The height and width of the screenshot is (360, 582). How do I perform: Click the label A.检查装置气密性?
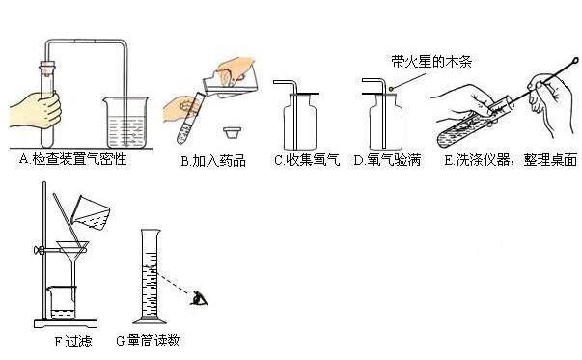pyautogui.click(x=72, y=159)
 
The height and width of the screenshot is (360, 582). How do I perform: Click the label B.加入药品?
pyautogui.click(x=213, y=161)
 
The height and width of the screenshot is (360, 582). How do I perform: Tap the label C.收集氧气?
pyautogui.click(x=307, y=160)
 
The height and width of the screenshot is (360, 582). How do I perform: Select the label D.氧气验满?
pyautogui.click(x=387, y=160)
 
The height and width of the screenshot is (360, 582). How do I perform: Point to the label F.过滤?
pyautogui.click(x=73, y=341)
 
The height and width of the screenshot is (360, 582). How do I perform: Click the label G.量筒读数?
pyautogui.click(x=148, y=341)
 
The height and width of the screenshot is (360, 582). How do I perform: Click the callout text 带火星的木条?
pyautogui.click(x=431, y=61)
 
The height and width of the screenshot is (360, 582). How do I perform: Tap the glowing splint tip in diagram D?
pyautogui.click(x=392, y=89)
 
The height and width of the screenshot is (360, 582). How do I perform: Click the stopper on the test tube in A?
pyautogui.click(x=47, y=68)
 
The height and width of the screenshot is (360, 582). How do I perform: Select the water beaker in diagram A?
pyautogui.click(x=125, y=123)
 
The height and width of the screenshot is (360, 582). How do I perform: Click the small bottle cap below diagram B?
pyautogui.click(x=233, y=132)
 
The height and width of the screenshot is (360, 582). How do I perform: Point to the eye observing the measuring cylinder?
pyautogui.click(x=199, y=298)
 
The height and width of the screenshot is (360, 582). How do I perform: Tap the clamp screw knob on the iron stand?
pyautogui.click(x=38, y=250)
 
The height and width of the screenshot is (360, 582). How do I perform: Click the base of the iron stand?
pyautogui.click(x=66, y=324)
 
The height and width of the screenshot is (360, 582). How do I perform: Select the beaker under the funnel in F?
pyautogui.click(x=61, y=303)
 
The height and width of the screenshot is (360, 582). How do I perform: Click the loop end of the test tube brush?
pyautogui.click(x=575, y=60)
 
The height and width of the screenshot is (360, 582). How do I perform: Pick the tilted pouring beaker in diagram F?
pyautogui.click(x=90, y=212)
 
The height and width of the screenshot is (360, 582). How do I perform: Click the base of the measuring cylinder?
pyautogui.click(x=150, y=321)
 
